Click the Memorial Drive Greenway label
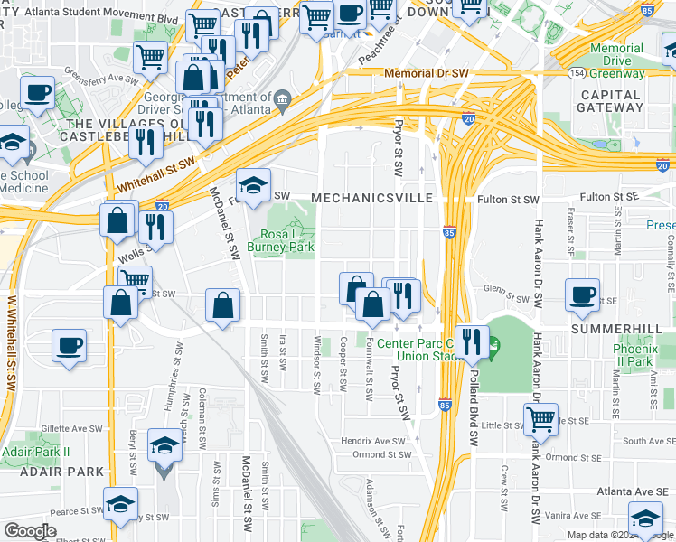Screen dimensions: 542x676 coord(616,61)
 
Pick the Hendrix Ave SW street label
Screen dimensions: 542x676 coord(373,441)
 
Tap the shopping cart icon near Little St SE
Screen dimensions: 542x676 coord(540,418)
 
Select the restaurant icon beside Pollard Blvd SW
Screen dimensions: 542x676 coord(470,341)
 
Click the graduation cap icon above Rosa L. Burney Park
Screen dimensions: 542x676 coord(254,184)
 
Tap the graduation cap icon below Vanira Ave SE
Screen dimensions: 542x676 coord(645,520)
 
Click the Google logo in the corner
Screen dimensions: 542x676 coord(30,531)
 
